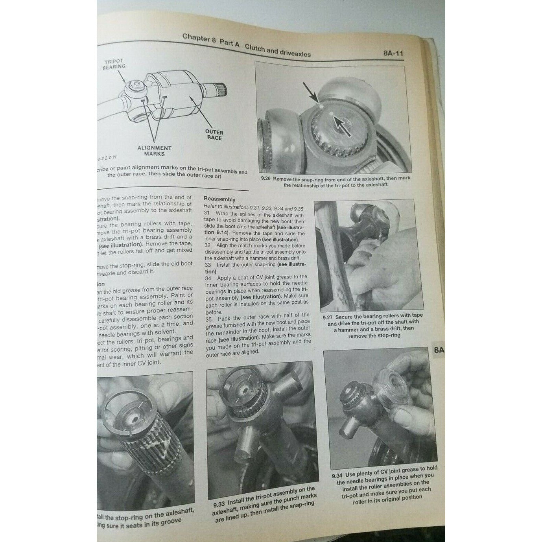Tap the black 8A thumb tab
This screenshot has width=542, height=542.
click(x=439, y=350)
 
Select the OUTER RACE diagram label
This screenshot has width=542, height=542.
click(x=214, y=135)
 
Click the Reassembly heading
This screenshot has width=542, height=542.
click(x=219, y=199)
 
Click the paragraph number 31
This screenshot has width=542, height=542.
click(x=207, y=213)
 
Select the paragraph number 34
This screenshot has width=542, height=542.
click(x=208, y=278)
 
